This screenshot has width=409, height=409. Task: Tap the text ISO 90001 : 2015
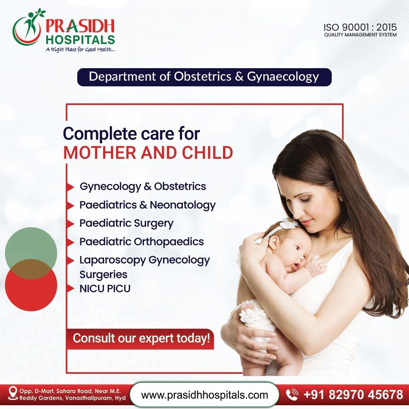[x=360, y=27]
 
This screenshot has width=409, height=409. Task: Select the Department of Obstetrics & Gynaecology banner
[x=204, y=77]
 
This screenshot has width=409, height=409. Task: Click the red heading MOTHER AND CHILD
[x=148, y=152]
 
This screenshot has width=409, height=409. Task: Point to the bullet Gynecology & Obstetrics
[x=143, y=186]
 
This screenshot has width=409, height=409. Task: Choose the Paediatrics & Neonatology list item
[x=147, y=205]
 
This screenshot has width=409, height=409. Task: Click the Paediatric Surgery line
[x=126, y=223]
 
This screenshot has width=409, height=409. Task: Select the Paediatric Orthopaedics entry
[x=141, y=242]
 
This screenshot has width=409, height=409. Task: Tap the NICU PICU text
[x=105, y=289]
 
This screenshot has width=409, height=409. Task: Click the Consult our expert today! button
[x=140, y=338]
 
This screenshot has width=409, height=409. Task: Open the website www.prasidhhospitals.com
[x=204, y=395]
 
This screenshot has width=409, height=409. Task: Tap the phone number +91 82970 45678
[x=353, y=395]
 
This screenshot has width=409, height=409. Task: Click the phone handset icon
[x=292, y=395]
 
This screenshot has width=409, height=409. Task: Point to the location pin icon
[x=13, y=393]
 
